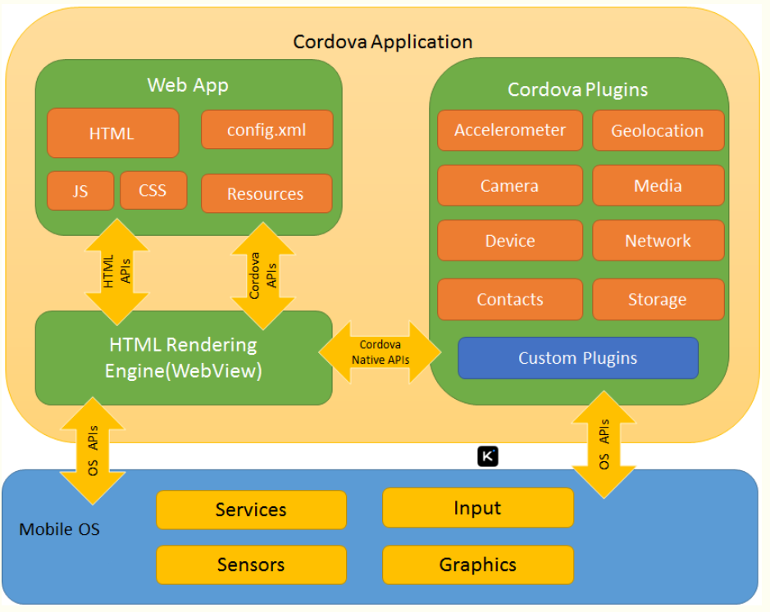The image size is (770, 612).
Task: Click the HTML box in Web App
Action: [x=112, y=133]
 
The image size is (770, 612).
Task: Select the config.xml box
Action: [x=267, y=129]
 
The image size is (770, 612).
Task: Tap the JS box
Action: [x=80, y=191]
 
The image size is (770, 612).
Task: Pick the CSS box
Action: [x=153, y=190]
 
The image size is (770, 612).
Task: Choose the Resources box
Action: [x=266, y=193]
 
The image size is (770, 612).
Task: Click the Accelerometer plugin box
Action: [x=510, y=130]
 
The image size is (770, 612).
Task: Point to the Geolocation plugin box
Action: [x=658, y=130]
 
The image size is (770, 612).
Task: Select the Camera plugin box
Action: [x=510, y=185]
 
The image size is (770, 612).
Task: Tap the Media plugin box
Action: [x=658, y=185]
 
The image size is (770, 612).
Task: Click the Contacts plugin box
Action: [x=510, y=299]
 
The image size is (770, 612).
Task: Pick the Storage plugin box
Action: [x=658, y=299]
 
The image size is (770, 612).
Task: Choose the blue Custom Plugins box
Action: [x=577, y=358]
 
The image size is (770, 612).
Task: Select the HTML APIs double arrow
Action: [x=117, y=271]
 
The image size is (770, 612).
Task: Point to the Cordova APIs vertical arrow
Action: [x=263, y=274]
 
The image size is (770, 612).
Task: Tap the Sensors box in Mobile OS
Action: [x=251, y=564]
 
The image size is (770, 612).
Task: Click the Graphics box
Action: [x=477, y=564]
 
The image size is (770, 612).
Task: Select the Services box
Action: [x=251, y=510]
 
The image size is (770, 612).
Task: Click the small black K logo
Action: [x=488, y=456]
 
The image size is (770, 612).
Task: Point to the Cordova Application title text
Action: [x=383, y=42]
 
